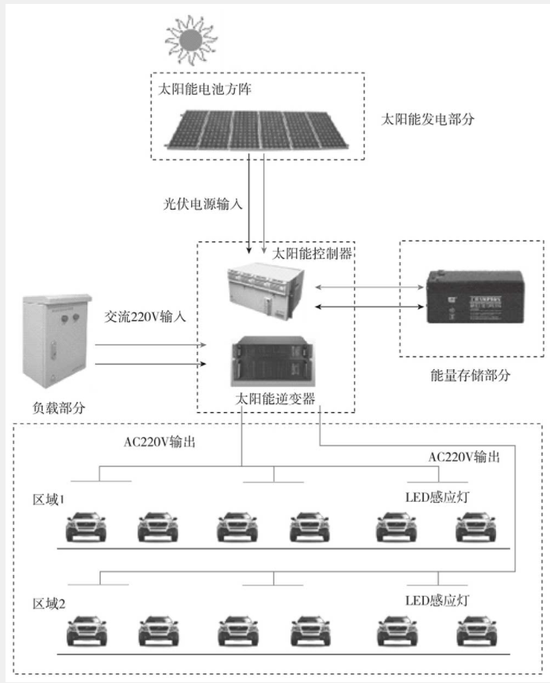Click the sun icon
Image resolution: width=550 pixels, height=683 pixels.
190,39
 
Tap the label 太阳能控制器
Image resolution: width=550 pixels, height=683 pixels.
312,254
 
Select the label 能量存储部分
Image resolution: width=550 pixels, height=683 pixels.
470,375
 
